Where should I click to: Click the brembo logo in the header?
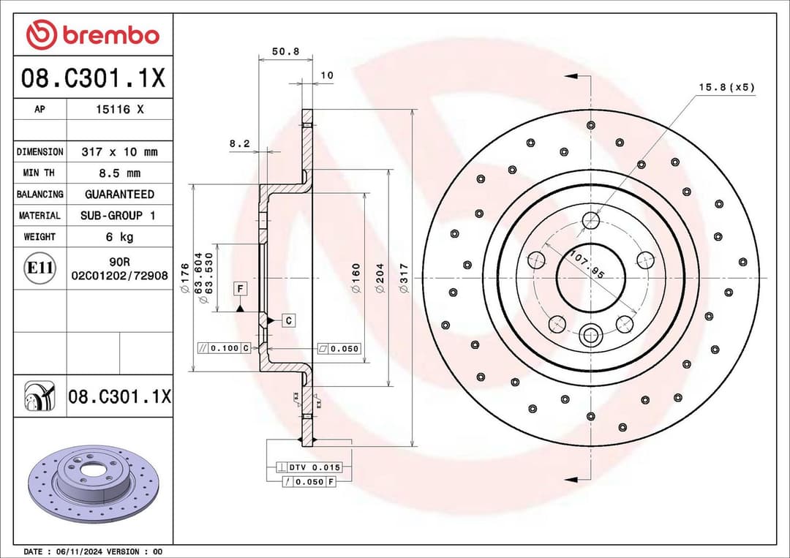pos(92,34)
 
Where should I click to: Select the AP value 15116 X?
pos(120,109)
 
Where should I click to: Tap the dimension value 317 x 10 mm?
pos(119,152)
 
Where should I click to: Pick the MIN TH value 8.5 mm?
pos(119,173)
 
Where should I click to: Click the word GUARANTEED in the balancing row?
pos(119,195)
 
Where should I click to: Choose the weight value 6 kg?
pos(119,237)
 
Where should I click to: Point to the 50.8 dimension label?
pos(285,51)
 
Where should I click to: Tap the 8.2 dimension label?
pos(239,144)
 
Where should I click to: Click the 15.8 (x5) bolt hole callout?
pos(726,87)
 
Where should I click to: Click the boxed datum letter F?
pos(240,289)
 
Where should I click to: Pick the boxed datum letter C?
pos(288,320)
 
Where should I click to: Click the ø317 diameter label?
pos(404,279)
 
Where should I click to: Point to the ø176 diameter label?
pos(184,279)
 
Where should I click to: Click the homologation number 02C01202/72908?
pos(119,276)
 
